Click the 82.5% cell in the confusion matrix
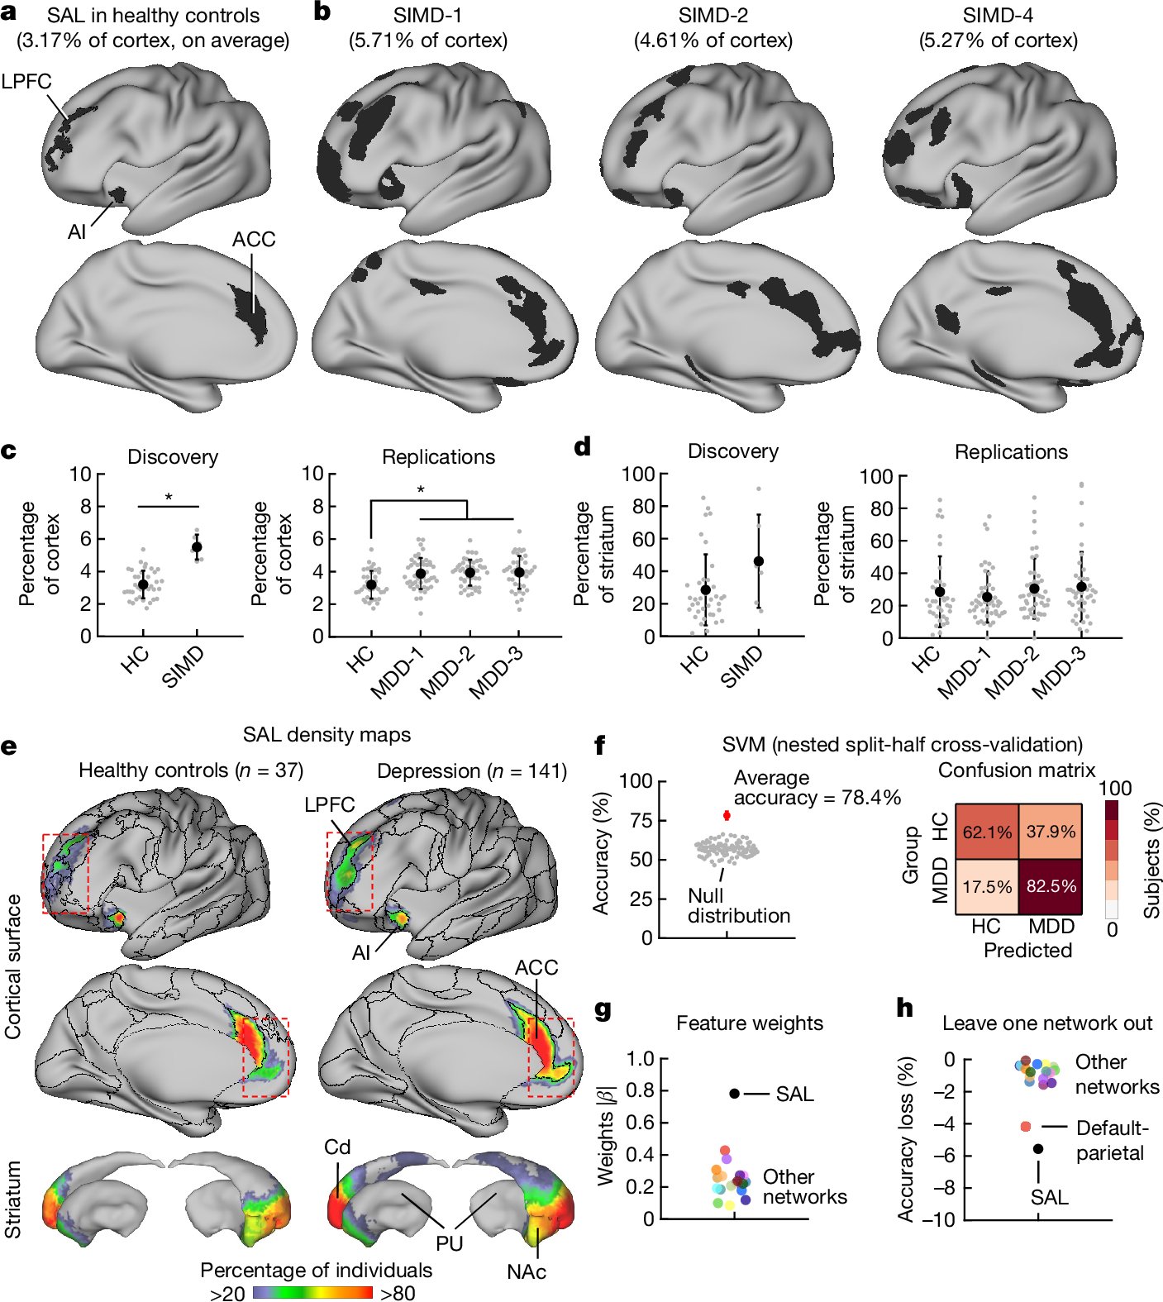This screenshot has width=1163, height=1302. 1050,885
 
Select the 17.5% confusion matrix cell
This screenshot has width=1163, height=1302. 987,886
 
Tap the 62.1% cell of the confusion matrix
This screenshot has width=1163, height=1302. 987,832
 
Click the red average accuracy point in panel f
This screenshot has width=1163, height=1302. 727,815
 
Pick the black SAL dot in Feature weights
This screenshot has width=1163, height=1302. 734,1094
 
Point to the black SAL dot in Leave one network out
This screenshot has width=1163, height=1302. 1038,1149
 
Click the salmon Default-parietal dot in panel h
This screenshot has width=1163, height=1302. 1026,1127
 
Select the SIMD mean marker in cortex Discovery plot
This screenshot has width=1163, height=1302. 197,547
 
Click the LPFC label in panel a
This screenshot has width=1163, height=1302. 26,82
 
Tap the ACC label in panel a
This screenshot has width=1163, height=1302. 253,240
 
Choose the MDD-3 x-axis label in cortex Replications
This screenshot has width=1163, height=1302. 497,672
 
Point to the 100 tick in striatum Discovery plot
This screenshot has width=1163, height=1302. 637,475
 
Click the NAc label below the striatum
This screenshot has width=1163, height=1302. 527,1271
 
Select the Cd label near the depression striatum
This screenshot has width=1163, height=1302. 337,1147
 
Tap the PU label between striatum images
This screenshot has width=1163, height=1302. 450,1243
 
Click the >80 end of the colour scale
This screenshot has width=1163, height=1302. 398,1293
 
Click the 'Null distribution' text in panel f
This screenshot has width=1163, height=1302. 738,906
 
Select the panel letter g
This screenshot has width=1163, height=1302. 603,1010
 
